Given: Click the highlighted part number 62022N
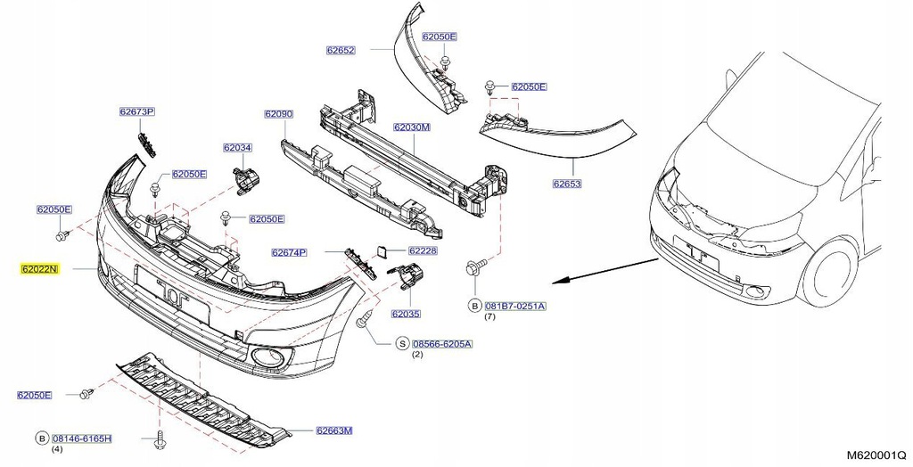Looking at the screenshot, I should pos(40,268).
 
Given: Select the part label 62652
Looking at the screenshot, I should pos(340,51).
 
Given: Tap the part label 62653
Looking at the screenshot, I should pos(566,184).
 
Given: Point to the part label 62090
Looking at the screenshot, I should pos(278,114).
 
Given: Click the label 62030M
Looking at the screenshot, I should pos(412,127).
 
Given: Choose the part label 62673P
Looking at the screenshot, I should pos(137,112).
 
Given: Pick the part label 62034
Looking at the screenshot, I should pos(237,148).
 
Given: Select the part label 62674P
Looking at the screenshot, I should pos(289,253).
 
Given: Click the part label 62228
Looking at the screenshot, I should pos(423,251).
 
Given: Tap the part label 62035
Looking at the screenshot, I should pos(405,314).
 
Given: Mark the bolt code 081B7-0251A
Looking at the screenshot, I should pos(514,306).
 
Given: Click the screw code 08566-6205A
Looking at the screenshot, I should pos(442,343).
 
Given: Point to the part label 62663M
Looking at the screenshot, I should pos(333,431).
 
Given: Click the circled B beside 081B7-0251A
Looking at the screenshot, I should pos(474,306).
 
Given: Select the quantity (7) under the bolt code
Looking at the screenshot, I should pos(489,317).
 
